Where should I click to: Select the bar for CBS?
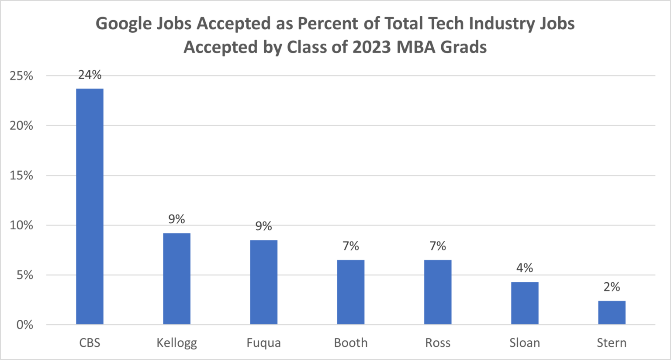(90, 206)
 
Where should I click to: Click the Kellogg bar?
(176, 279)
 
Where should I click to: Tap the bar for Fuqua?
(263, 282)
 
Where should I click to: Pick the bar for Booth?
(350, 292)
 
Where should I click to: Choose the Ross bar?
(437, 292)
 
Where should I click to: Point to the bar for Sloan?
(524, 303)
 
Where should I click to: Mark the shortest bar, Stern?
(612, 312)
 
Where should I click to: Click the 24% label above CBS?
(90, 75)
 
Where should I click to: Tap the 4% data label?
(524, 268)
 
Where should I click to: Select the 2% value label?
(612, 287)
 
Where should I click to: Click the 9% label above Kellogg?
(176, 219)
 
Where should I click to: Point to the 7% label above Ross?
(437, 246)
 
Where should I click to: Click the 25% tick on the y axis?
(21, 76)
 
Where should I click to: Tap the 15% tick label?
(21, 176)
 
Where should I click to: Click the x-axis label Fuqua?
(263, 343)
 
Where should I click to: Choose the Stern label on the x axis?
(612, 343)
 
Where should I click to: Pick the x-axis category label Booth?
(350, 343)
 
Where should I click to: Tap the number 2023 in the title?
(372, 47)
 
